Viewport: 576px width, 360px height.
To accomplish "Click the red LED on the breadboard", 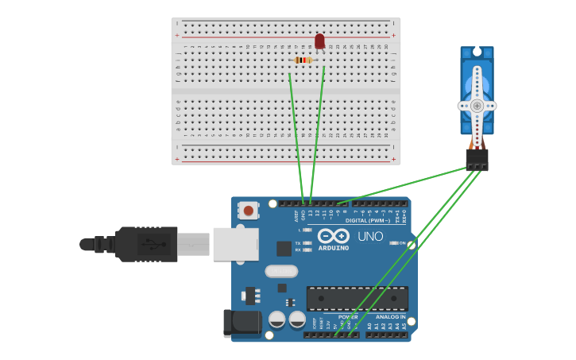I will [x=319, y=41].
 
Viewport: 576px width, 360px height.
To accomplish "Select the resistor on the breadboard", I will [x=303, y=60].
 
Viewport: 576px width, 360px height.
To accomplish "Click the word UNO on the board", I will [x=370, y=236].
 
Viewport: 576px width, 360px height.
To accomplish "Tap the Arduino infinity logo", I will [x=334, y=235].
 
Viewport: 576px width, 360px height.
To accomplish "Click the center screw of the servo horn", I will [x=477, y=106].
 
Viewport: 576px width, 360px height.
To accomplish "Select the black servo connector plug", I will [x=477, y=160].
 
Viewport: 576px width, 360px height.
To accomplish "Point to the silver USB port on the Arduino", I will [x=236, y=244].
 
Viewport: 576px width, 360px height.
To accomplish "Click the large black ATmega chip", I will [x=358, y=298].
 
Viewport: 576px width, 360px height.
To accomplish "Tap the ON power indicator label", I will [x=402, y=243].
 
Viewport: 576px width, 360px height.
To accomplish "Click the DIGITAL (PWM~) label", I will [x=366, y=220].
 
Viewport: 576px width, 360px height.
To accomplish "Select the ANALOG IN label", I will [x=391, y=317].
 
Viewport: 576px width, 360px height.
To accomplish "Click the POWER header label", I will [x=348, y=317].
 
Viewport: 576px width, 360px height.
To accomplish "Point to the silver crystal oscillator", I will [x=281, y=271].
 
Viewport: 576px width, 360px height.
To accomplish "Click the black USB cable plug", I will [x=147, y=244].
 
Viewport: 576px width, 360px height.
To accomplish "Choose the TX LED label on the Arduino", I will [x=298, y=243].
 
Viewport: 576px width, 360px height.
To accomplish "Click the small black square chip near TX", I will [x=284, y=248].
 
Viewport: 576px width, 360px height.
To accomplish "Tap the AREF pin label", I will [x=296, y=215].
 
